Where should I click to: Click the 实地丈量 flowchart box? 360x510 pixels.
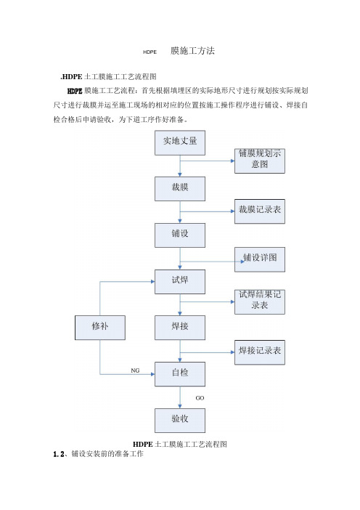tap(180, 143)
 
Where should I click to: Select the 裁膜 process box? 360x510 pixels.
tap(180, 189)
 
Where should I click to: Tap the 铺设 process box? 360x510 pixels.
tap(180, 235)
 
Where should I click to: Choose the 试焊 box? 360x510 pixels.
tap(180, 282)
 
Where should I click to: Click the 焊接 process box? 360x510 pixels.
tap(180, 328)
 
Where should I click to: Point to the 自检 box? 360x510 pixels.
tap(180, 374)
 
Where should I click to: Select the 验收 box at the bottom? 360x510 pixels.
tap(180, 421)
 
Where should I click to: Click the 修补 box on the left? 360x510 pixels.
tap(100, 328)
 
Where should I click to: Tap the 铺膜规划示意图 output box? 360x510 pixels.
tap(260, 161)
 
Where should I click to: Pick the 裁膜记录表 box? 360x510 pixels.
tap(260, 211)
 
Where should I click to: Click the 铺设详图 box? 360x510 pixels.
tap(260, 259)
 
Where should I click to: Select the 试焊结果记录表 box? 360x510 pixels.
tap(260, 301)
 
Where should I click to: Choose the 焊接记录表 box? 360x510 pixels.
tap(260, 352)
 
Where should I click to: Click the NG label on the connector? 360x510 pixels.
tap(135, 371)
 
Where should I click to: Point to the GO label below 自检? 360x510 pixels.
tap(200, 398)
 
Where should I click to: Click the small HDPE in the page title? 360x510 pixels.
tap(150, 52)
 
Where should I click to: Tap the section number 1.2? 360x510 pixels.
tap(59, 454)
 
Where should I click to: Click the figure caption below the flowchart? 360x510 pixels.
tap(180, 445)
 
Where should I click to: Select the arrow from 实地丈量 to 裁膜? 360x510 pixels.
tap(180, 166)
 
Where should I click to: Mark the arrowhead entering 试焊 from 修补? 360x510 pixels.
tap(152, 282)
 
